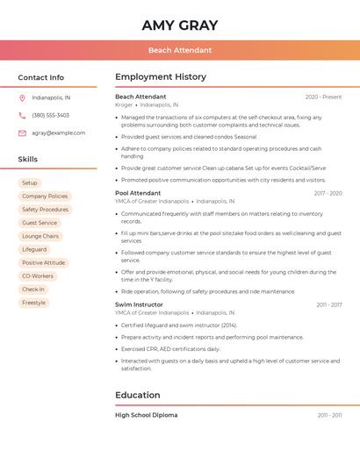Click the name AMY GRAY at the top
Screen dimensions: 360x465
[179, 25]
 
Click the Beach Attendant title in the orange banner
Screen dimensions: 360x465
[179, 50]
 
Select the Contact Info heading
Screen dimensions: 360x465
[41, 77]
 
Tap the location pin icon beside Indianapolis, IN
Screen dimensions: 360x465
[22, 97]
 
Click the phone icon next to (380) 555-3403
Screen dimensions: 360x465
[22, 115]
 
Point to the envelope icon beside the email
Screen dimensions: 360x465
[22, 132]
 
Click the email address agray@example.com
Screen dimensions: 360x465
[59, 132]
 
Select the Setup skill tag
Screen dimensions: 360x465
[30, 182]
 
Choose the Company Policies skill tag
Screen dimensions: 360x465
[45, 197]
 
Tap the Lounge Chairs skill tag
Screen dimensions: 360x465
[40, 236]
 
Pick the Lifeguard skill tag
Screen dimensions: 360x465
[34, 249]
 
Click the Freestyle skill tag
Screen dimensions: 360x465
[33, 303]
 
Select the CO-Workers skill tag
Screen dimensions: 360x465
[38, 275]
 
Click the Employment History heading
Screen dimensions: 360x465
[161, 77]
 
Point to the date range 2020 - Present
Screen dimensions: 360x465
[323, 97]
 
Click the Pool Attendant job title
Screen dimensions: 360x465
[138, 192]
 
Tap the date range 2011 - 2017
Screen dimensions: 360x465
[329, 304]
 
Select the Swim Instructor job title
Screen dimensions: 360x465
[139, 304]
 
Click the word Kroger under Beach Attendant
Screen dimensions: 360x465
[124, 104]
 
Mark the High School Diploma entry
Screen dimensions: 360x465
[146, 415]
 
